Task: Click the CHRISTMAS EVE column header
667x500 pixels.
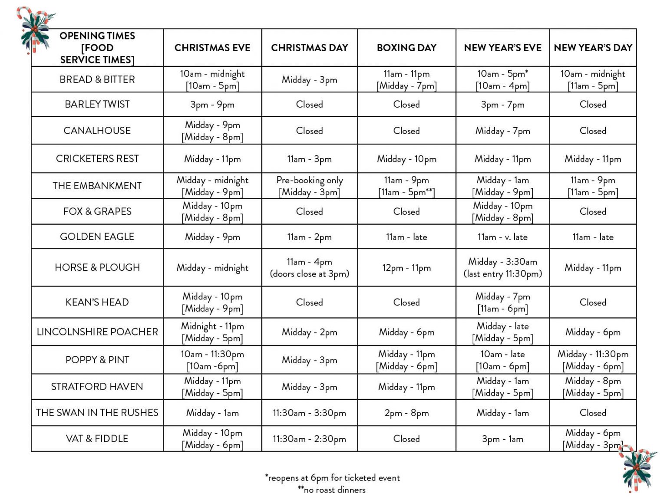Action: (212, 48)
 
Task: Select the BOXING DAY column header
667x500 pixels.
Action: (406, 48)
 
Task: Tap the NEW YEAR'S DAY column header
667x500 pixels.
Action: (593, 48)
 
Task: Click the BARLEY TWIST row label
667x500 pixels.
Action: (97, 104)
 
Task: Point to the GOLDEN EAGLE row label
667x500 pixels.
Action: (97, 237)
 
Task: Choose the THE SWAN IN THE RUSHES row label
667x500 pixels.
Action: (97, 412)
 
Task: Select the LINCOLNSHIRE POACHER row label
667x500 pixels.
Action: (97, 332)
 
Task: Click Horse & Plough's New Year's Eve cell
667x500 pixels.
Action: (502, 267)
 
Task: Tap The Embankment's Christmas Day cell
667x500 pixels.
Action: (309, 186)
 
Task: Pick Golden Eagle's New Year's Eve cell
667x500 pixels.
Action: (502, 237)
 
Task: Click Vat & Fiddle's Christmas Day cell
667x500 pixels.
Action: (309, 439)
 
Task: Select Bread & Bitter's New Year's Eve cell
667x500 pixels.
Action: (502, 79)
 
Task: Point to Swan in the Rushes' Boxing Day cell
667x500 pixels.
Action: (406, 413)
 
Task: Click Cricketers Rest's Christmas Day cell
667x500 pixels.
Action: (309, 159)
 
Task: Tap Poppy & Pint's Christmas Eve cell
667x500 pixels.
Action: (212, 360)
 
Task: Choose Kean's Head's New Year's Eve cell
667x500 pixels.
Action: (502, 302)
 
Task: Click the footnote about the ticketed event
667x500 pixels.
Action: (332, 478)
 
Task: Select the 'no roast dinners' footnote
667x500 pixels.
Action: (331, 490)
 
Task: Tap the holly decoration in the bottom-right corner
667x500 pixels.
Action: (637, 470)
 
